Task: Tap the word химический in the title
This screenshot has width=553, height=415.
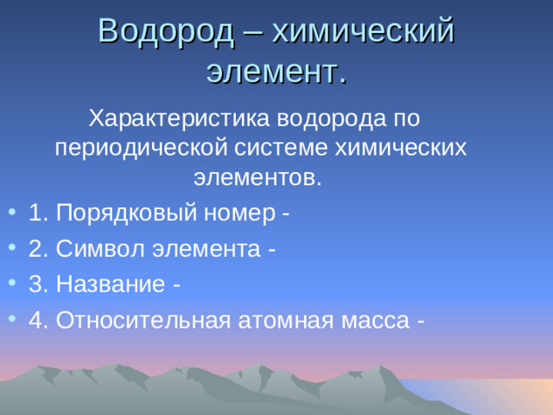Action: click(364, 31)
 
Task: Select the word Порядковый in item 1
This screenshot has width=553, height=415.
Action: click(126, 213)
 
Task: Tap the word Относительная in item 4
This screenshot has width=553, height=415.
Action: click(143, 320)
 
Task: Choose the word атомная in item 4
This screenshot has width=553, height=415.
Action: click(282, 320)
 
